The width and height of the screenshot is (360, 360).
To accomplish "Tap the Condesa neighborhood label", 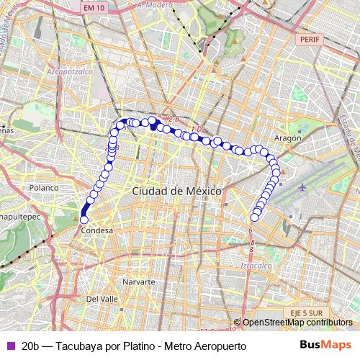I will [x=96, y=231].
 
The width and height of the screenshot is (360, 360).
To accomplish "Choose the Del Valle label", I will [x=102, y=298].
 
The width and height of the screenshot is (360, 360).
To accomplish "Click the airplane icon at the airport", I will [x=302, y=186].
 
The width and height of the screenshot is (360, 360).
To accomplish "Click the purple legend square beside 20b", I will [x=9, y=346].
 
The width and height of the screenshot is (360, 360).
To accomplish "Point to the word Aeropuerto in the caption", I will [x=220, y=346].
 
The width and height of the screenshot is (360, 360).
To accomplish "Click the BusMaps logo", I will [x=325, y=345].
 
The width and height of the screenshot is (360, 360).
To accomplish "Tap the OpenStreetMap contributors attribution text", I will [x=297, y=323].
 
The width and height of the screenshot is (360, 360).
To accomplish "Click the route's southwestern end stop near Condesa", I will [x=84, y=220].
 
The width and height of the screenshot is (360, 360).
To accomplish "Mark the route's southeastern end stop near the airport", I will [x=254, y=217].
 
